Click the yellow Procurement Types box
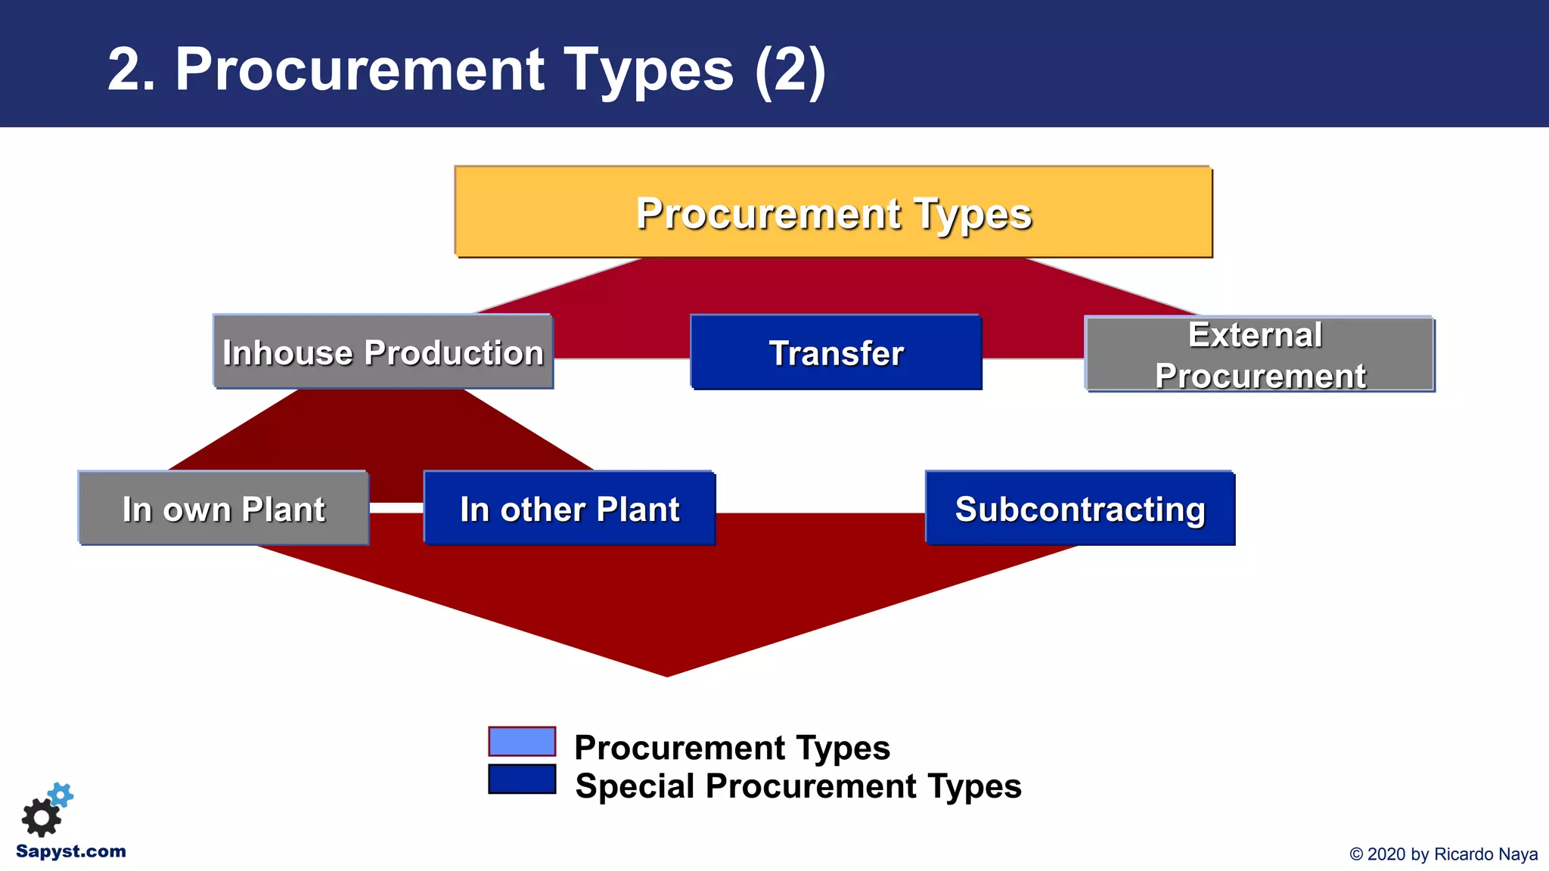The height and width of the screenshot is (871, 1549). click(833, 212)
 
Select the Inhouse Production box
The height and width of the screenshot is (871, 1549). click(383, 352)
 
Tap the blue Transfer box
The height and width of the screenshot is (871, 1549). click(836, 353)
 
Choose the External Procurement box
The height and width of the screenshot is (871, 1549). click(1259, 355)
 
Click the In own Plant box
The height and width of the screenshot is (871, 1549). click(223, 509)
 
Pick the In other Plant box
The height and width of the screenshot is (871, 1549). click(570, 509)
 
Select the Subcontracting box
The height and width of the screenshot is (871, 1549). click(1079, 509)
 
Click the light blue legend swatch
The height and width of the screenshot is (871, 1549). click(522, 742)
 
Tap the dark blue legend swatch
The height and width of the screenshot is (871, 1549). click(522, 780)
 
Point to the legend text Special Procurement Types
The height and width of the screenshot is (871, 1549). click(798, 786)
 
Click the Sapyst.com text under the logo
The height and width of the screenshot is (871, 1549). click(70, 851)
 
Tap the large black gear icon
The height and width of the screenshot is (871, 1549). click(41, 817)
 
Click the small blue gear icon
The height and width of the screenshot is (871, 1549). click(61, 795)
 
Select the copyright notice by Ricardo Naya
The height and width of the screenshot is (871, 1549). click(1443, 854)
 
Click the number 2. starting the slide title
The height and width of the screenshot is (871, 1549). click(131, 70)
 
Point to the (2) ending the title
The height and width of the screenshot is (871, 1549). click(790, 70)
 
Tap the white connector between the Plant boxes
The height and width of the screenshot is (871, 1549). click(396, 507)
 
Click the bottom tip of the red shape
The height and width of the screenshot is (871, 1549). click(667, 673)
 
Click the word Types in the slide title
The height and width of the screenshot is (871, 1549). click(648, 70)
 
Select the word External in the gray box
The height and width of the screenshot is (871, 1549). click(1255, 335)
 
